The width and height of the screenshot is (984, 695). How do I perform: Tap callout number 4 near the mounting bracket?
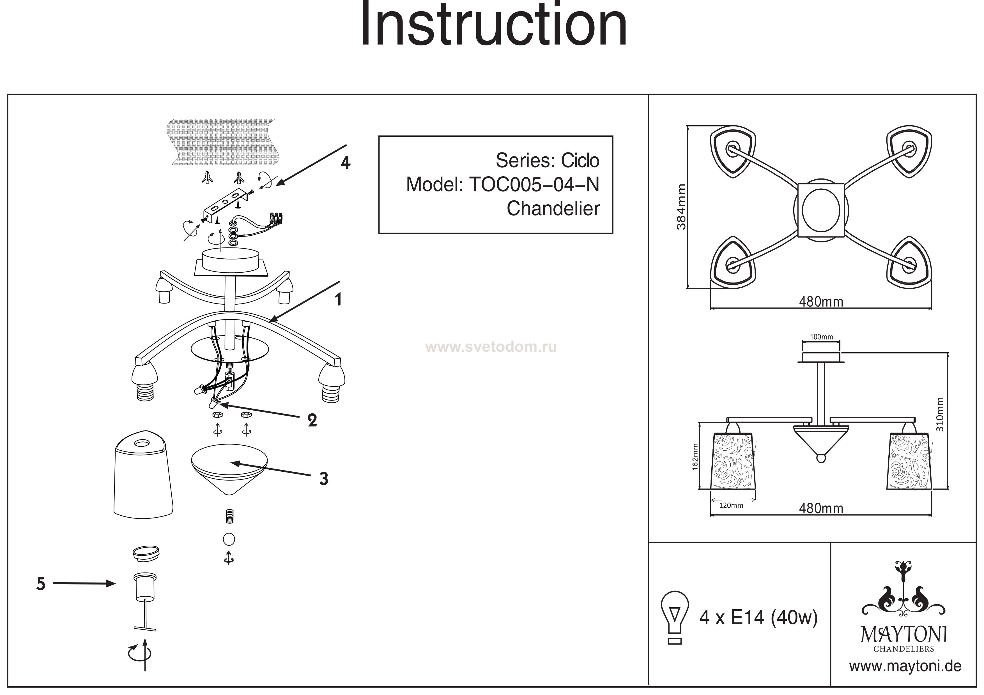click(345, 163)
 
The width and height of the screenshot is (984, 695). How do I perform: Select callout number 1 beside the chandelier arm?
click(339, 300)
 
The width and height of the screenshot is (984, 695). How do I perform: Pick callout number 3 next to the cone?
click(324, 479)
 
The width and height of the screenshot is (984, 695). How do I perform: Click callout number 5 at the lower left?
click(41, 584)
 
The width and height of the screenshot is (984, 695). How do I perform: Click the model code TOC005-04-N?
click(534, 185)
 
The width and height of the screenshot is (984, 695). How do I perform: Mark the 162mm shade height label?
click(695, 457)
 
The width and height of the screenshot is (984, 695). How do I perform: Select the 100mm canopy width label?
click(821, 337)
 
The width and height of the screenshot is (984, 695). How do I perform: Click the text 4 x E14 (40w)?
click(758, 617)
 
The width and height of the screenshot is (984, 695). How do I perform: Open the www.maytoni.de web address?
click(905, 666)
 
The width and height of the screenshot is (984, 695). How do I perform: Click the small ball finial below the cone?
click(229, 539)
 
